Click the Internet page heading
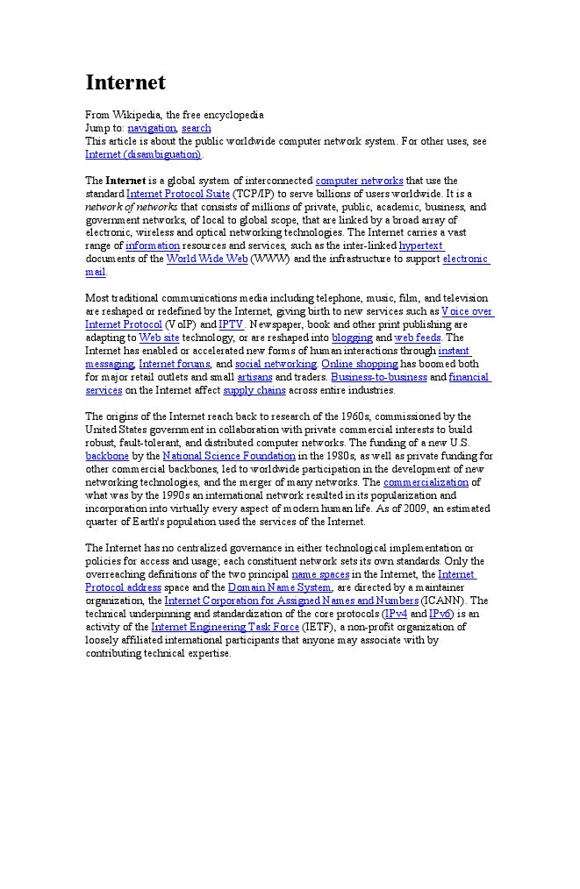[x=125, y=82]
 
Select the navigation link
[x=152, y=128]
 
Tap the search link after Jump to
[x=197, y=128]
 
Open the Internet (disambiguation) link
[x=143, y=154]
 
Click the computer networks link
[x=359, y=181]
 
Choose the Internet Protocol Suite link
[x=178, y=194]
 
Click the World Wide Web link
[x=207, y=259]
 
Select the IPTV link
[x=231, y=324]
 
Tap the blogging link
[x=352, y=338]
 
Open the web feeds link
[x=417, y=338]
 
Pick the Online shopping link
[x=360, y=364]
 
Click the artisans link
[x=254, y=377]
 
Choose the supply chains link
[x=254, y=390]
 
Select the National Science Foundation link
[x=229, y=456]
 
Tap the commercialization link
[x=426, y=482]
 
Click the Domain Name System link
[x=279, y=587]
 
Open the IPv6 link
[x=440, y=614]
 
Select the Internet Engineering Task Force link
[x=226, y=627]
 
